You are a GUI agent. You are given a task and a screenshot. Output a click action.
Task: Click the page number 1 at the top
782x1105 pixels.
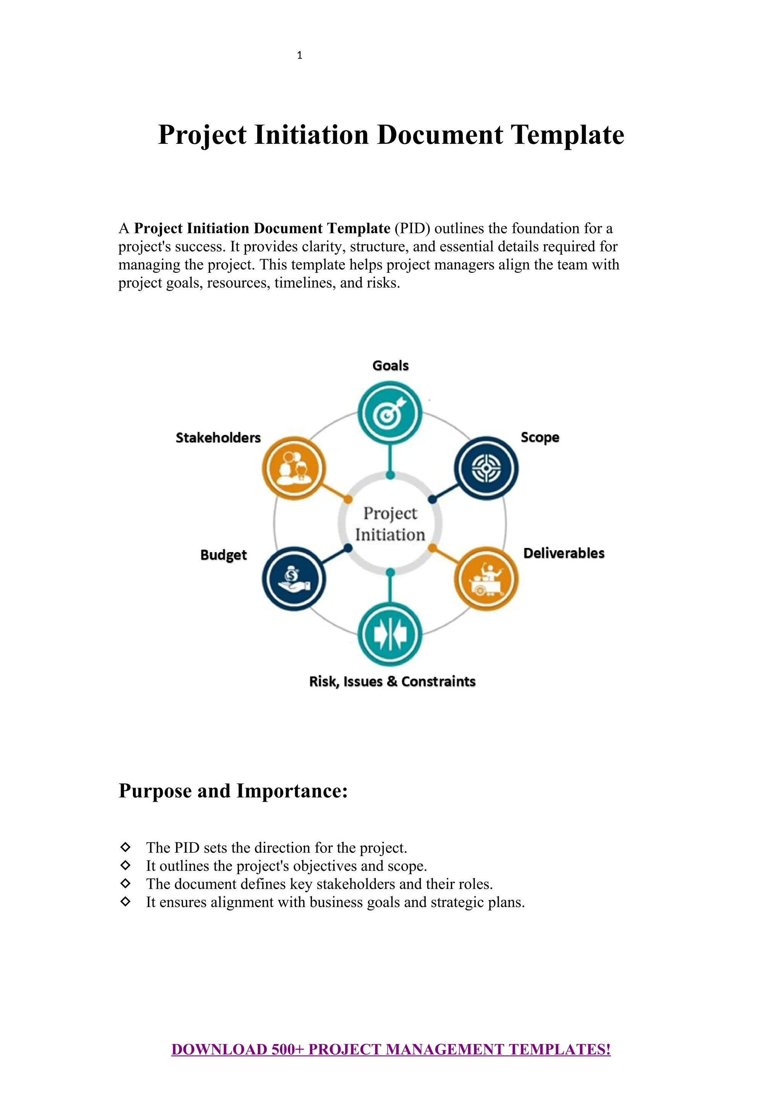pyautogui.click(x=299, y=55)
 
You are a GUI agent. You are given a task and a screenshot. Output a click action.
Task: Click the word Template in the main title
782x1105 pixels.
pyautogui.click(x=567, y=135)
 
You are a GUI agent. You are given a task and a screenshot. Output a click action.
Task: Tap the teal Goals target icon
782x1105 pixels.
pyautogui.click(x=390, y=413)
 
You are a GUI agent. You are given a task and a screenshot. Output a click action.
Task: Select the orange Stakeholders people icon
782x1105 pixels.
pyautogui.click(x=294, y=468)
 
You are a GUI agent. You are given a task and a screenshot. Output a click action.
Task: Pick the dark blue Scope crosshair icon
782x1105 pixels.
pyautogui.click(x=486, y=468)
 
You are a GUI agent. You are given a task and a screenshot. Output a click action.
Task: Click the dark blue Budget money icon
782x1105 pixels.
pyautogui.click(x=294, y=578)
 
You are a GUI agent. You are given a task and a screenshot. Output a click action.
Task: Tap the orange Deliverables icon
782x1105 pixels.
pyautogui.click(x=486, y=578)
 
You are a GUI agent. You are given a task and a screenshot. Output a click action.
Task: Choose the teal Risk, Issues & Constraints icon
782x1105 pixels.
pyautogui.click(x=390, y=634)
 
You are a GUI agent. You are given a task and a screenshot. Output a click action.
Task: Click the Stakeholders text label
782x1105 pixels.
pyautogui.click(x=218, y=438)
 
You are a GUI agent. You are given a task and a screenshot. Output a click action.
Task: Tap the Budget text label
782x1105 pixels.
pyautogui.click(x=223, y=555)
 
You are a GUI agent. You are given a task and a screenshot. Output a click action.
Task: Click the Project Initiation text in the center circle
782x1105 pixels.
pyautogui.click(x=390, y=524)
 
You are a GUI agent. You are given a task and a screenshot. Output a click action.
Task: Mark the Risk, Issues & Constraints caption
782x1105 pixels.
pyautogui.click(x=392, y=681)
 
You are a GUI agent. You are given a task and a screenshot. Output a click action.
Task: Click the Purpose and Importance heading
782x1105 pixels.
pyautogui.click(x=233, y=791)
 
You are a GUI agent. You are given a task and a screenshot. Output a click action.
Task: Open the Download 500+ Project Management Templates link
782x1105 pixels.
pyautogui.click(x=391, y=1050)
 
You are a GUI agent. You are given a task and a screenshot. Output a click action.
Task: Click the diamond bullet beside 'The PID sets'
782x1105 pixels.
pyautogui.click(x=126, y=847)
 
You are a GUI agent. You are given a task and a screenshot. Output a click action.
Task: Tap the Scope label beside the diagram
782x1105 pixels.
pyautogui.click(x=540, y=438)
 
